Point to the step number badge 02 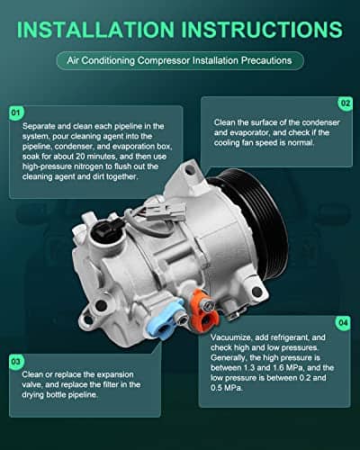344,104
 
